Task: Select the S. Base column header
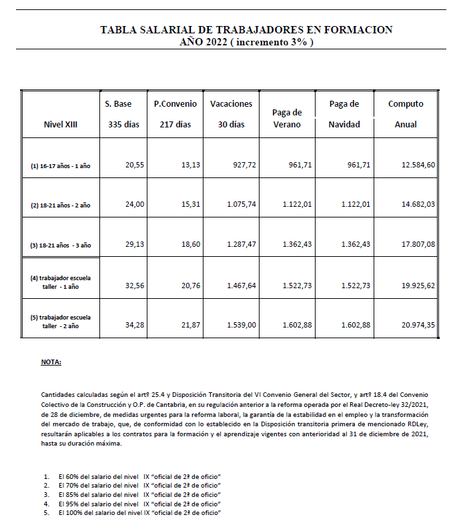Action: pos(118,104)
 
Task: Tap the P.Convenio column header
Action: pos(175,104)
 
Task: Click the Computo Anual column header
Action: pos(406,104)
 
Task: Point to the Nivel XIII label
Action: pos(60,125)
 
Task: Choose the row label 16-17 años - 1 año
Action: pos(61,166)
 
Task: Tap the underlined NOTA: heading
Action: pos(51,362)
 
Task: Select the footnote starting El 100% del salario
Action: pos(139,513)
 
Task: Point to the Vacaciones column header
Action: pos(232,104)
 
